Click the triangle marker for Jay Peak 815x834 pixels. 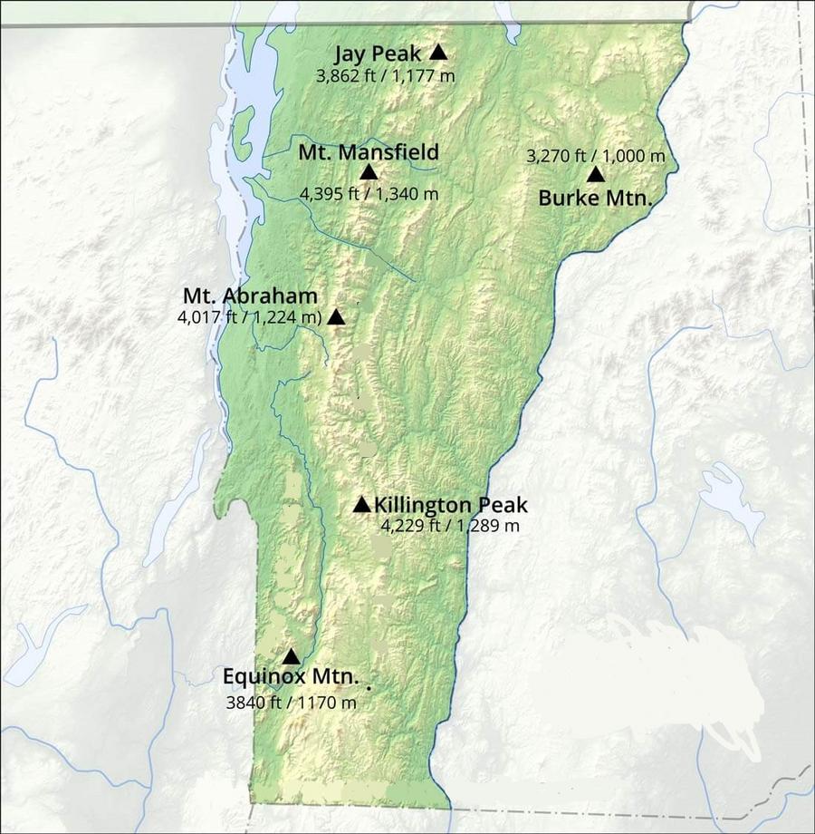[x=438, y=53]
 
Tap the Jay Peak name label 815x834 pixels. [x=378, y=53]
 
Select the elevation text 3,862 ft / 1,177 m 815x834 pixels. [x=385, y=76]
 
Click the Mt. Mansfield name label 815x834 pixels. [x=369, y=152]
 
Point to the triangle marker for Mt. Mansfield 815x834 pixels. [x=369, y=172]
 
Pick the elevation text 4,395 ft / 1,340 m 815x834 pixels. [x=369, y=193]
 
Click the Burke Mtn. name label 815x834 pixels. [x=595, y=198]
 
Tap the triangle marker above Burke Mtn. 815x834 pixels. [x=595, y=175]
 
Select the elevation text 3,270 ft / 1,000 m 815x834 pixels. [x=595, y=156]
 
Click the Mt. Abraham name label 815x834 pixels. [x=250, y=296]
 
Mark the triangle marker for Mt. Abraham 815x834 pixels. [x=336, y=316]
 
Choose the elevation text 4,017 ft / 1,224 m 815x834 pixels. [x=250, y=316]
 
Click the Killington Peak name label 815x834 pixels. [x=450, y=505]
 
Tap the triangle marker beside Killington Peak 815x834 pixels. [x=361, y=505]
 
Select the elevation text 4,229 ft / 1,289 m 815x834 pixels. [x=449, y=526]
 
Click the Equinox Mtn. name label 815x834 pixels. [x=291, y=677]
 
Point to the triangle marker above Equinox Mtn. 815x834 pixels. [x=291, y=656]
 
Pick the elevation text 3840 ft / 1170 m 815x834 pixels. [x=291, y=702]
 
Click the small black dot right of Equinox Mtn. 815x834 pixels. [x=369, y=688]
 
